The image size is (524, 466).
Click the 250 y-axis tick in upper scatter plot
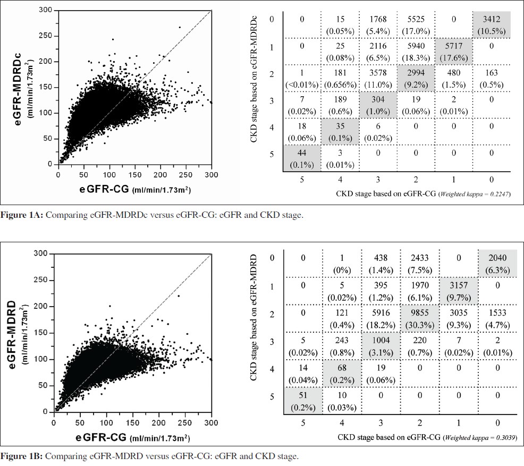(x=48, y=36)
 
